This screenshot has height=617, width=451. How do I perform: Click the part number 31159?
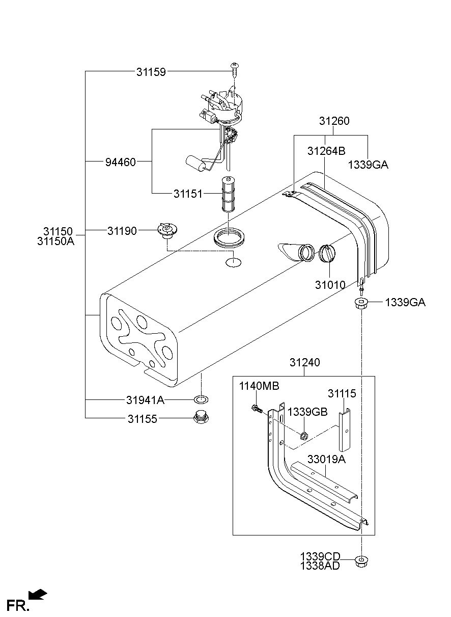coord(151,72)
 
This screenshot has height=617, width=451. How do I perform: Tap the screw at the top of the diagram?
coord(234,70)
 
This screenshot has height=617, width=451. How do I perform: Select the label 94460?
coord(121,162)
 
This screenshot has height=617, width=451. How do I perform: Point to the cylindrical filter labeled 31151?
coord(228,194)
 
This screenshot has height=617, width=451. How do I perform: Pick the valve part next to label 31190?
coord(167,231)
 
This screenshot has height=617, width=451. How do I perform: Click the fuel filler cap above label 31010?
coord(327,253)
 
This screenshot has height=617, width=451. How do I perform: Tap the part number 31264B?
coord(326,151)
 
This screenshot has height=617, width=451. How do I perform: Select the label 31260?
coord(334,121)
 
